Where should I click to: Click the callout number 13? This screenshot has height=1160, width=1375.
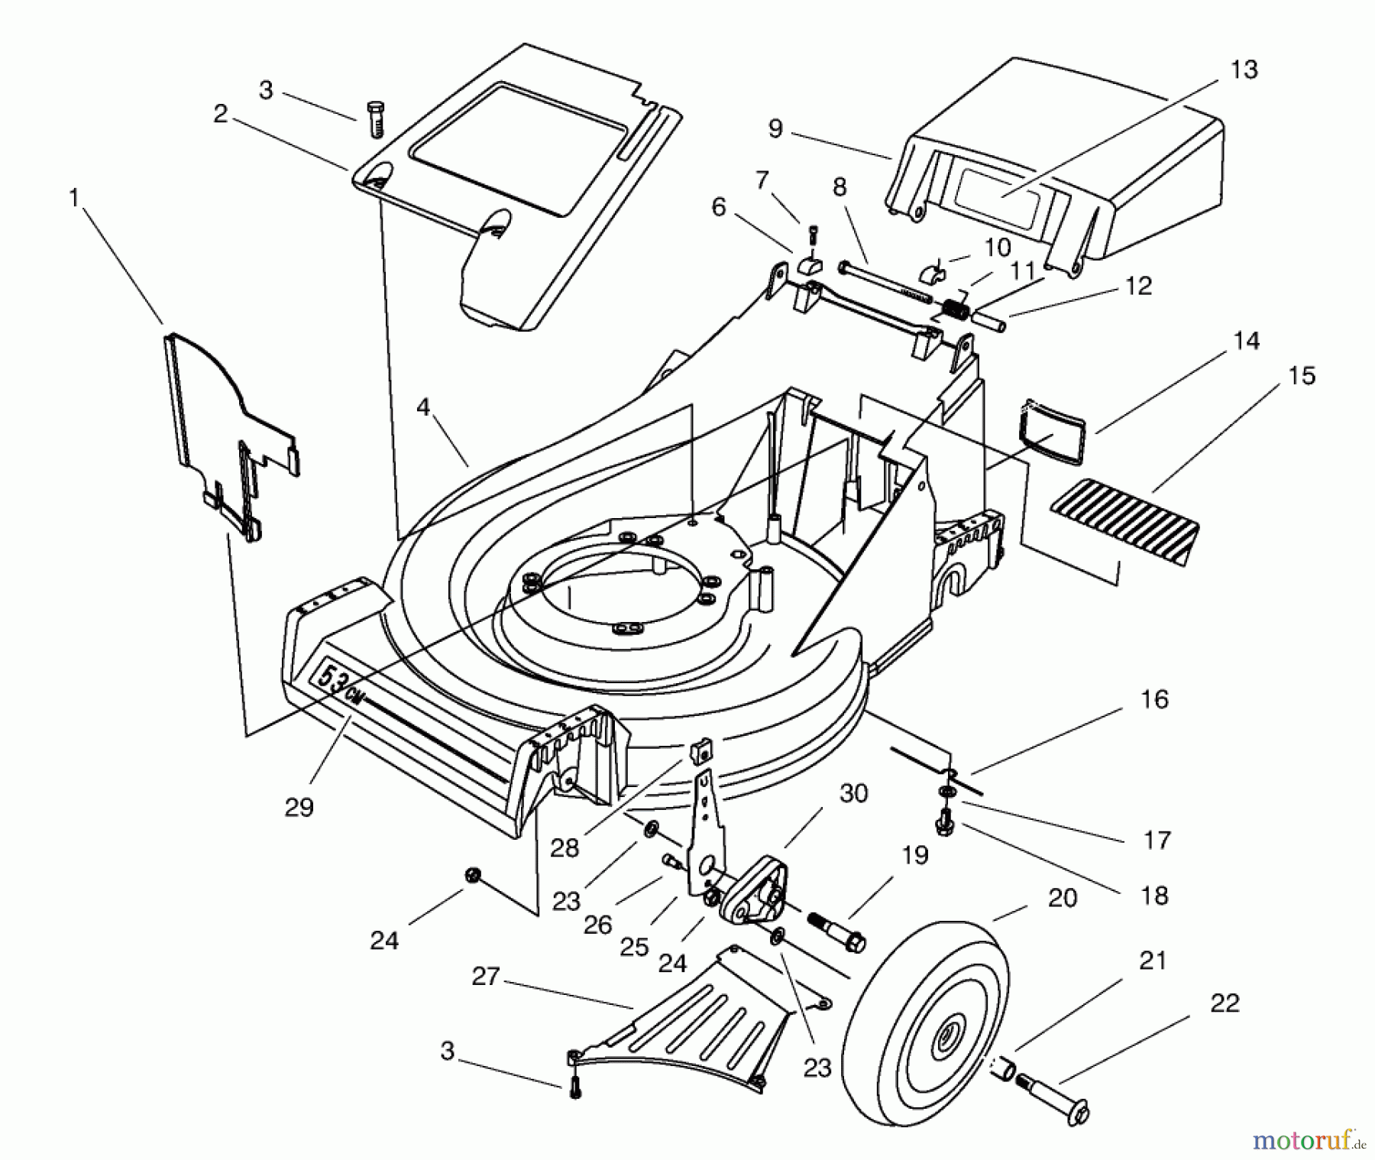1244,70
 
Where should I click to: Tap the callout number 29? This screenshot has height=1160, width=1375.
299,808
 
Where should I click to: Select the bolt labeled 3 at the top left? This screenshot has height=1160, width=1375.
375,118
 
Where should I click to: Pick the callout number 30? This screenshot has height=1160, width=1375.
853,794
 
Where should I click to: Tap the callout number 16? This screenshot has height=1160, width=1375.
1154,699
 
